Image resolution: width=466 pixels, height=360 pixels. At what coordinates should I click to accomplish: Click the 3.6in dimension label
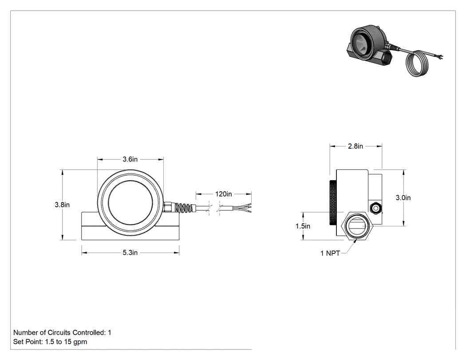[x=130, y=159]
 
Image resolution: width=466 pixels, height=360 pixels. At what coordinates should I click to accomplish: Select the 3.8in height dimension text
[x=62, y=205]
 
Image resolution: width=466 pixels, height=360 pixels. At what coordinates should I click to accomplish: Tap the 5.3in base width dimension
[x=130, y=253]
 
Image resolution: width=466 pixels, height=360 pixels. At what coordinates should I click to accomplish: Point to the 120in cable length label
[x=224, y=194]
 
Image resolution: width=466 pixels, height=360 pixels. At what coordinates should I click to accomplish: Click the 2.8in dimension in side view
[x=355, y=146]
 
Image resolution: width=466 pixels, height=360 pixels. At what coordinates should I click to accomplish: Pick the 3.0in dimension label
[x=403, y=198]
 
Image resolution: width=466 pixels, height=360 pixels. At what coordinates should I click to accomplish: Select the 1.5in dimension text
[x=303, y=226]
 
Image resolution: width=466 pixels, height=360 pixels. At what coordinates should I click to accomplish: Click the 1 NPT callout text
[x=330, y=253]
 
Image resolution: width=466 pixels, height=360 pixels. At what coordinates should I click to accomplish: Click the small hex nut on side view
[x=375, y=207]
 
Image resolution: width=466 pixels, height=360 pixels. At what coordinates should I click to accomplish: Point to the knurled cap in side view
[x=333, y=203]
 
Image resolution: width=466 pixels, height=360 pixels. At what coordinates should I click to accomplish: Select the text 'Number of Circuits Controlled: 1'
[x=62, y=332]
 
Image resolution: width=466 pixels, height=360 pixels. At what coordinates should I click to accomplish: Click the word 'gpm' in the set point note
[x=80, y=342]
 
